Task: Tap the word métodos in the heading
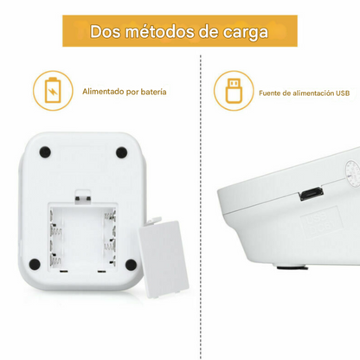[164, 31]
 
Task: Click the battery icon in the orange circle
[48, 90]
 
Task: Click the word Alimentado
[104, 90]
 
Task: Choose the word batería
[152, 90]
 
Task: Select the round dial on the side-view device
[352, 173]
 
